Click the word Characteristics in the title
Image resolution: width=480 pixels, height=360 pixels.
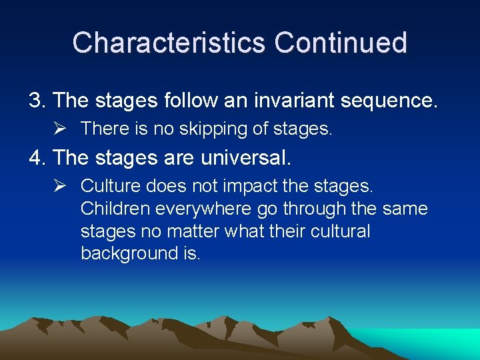point(169,43)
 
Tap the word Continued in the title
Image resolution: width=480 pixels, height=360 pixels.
point(340,43)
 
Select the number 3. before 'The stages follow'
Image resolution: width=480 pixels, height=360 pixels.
point(37,101)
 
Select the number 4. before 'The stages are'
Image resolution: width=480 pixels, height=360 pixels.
point(37,158)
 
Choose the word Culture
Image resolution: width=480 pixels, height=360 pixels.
point(105,186)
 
